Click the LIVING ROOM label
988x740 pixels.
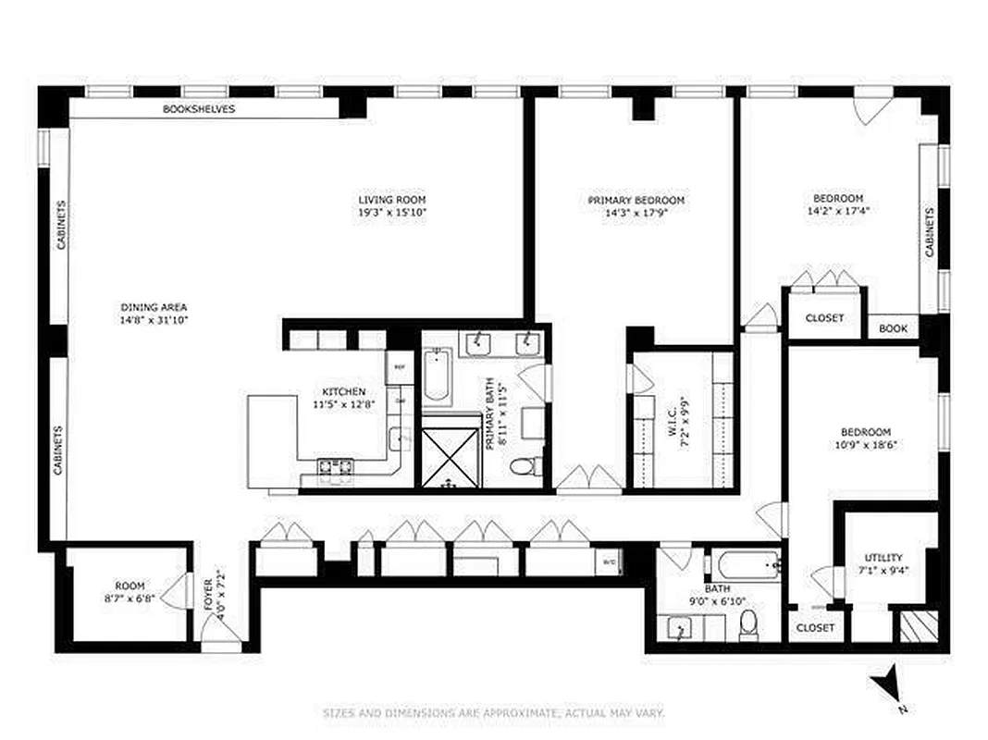coord(392,200)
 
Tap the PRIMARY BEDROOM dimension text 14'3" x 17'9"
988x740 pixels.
coord(636,213)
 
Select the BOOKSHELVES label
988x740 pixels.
coord(199,108)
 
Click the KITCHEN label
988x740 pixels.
coord(343,392)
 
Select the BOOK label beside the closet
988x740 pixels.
coord(893,328)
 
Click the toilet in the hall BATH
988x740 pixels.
coord(748,625)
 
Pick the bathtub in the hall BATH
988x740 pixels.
coord(745,564)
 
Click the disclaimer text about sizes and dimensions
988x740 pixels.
coord(493,713)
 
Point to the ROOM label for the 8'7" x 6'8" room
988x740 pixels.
coord(130,586)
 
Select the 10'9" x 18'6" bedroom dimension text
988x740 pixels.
coord(865,444)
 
